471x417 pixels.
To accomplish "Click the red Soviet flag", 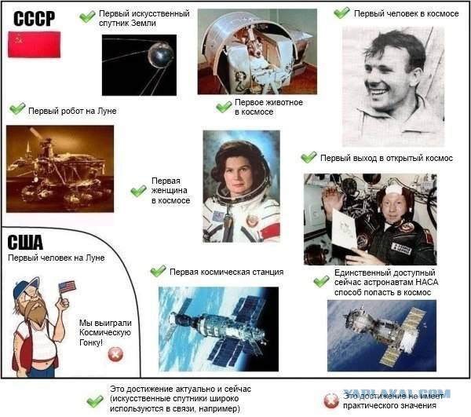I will pyautogui.click(x=34, y=45).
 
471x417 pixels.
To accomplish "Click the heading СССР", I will pyautogui.click(x=34, y=18).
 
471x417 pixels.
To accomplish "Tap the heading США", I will pyautogui.click(x=26, y=241).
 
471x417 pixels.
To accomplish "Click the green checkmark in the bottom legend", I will pyautogui.click(x=94, y=401).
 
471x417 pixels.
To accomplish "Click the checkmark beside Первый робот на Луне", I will pyautogui.click(x=17, y=109).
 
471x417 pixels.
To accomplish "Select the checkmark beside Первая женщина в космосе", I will pyautogui.click(x=139, y=190).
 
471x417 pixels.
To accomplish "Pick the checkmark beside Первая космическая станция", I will pyautogui.click(x=158, y=271).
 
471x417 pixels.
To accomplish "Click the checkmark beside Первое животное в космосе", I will pyautogui.click(x=224, y=107).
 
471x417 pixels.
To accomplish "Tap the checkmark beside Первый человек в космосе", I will pyautogui.click(x=341, y=13).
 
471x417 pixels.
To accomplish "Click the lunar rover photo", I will pyautogui.click(x=59, y=167).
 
